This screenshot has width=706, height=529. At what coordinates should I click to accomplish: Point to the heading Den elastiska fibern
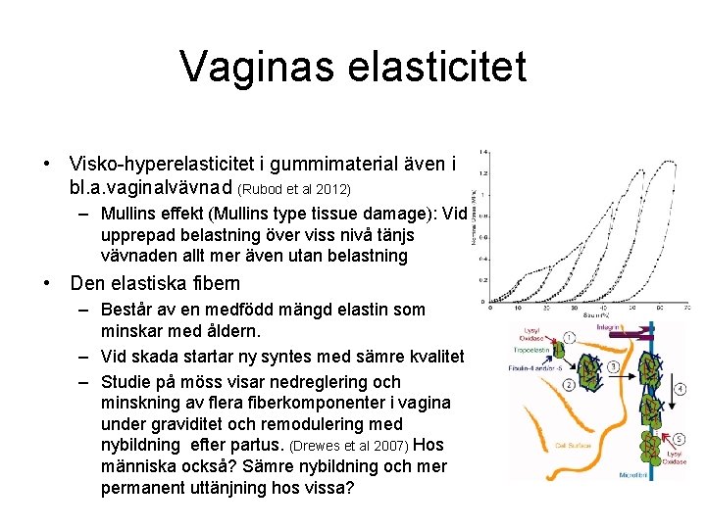(x=155, y=284)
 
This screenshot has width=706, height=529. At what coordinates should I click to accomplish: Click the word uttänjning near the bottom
(x=223, y=488)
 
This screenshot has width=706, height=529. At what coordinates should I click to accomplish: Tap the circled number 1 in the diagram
(x=570, y=338)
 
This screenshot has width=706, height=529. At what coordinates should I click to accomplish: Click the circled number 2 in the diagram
(x=570, y=385)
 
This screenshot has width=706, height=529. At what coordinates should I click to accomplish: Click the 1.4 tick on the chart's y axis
(x=482, y=151)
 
